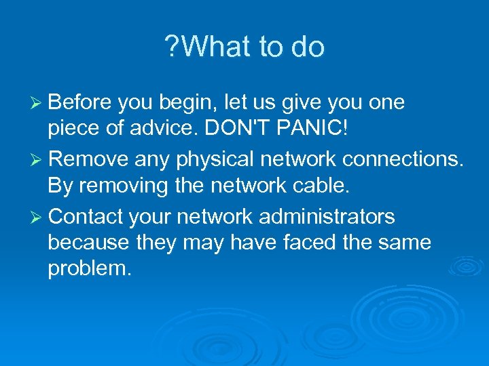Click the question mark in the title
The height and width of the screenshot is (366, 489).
point(172,47)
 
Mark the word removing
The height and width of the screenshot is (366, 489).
point(122,184)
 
